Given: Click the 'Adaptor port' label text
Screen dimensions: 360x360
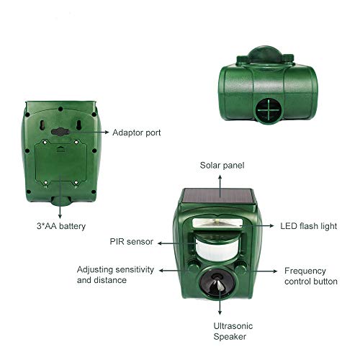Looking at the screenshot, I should [137, 132].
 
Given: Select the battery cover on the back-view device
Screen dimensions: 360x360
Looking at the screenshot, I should [63, 167].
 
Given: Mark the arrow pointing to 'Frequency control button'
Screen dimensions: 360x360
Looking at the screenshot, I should [266, 271].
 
